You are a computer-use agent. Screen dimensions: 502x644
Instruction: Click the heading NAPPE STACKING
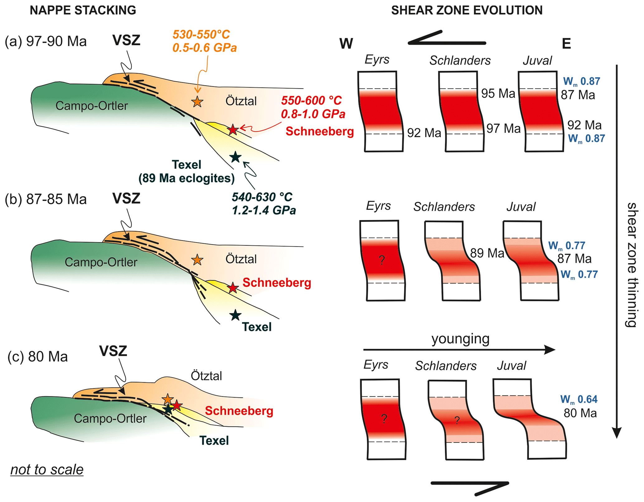coord(83,10)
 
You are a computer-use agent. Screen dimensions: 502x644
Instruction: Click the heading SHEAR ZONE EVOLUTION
coord(466,10)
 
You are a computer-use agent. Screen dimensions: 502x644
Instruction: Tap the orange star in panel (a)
coord(197,102)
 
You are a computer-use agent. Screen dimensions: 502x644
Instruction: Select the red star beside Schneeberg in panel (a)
coord(233,129)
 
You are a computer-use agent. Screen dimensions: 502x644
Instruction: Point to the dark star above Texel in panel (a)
coord(235,157)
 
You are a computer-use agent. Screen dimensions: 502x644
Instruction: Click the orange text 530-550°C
coord(201,34)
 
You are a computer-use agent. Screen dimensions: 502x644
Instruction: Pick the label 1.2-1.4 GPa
coord(264,210)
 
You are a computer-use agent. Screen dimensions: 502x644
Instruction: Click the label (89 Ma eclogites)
coord(186,178)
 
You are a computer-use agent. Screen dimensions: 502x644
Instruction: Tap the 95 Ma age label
coord(498,93)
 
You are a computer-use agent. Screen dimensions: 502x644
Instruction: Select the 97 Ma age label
coord(503,128)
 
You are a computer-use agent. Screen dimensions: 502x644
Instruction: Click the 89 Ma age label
coord(487,253)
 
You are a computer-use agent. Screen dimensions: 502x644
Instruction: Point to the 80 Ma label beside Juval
coord(580,413)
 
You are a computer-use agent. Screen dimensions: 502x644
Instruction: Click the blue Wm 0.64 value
coord(579,399)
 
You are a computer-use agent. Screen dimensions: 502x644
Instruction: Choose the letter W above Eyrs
coord(346,44)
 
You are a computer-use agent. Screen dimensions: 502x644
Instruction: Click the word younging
coord(460,339)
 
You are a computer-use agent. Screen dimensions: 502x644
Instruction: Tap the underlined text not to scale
coord(47,469)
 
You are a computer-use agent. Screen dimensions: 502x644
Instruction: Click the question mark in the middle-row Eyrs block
coord(382,260)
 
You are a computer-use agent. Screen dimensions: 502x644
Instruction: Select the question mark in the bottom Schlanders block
coord(457,420)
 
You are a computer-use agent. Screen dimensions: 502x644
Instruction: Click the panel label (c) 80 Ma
coord(37,356)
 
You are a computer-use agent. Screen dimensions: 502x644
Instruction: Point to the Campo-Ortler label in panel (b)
coord(101,262)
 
